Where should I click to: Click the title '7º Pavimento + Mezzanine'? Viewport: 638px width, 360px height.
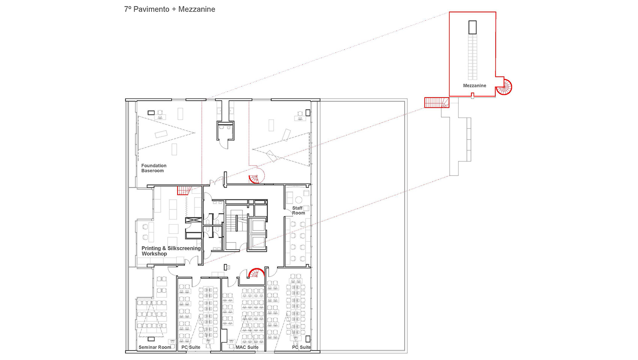pos(170,9)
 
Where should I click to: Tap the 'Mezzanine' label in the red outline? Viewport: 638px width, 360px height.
pos(474,86)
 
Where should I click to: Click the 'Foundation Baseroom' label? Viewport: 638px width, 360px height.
pos(153,168)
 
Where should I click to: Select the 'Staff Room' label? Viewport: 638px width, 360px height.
pos(298,211)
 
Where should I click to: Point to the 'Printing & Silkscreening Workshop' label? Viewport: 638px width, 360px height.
pos(171,251)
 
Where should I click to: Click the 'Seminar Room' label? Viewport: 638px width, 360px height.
pos(155,347)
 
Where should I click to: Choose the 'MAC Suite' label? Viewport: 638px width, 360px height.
pos(247,347)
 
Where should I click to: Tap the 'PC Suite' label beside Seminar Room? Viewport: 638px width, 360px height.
pos(191,347)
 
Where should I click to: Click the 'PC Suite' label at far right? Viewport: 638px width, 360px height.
pos(301,347)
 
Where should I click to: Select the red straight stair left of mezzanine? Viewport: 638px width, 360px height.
pos(436,102)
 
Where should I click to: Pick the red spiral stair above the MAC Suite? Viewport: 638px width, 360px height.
pos(256,273)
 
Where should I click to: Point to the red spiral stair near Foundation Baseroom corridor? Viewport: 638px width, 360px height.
pos(255,179)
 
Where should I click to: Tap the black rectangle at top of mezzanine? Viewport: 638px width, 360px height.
pos(472,27)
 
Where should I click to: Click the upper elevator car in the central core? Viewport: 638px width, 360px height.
pos(258,225)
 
